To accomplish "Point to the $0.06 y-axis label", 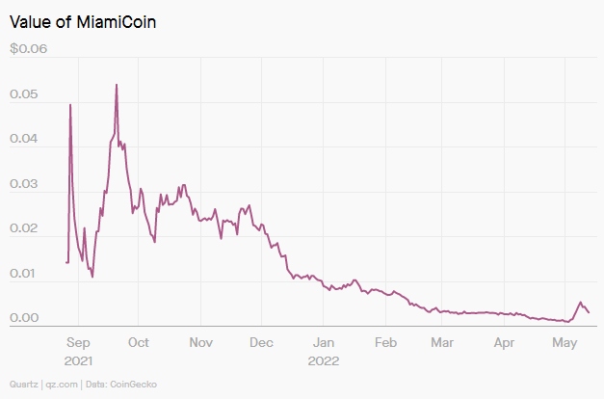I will (x=28, y=50).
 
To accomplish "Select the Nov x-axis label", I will (x=200, y=342).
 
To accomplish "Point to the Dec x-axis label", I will (x=261, y=342).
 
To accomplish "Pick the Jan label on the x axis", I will (x=324, y=342).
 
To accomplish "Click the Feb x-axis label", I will (x=385, y=342).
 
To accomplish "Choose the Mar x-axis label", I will (x=442, y=342).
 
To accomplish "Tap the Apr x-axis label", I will (x=504, y=342).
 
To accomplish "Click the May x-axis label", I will (x=565, y=342).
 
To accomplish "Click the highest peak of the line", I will (x=117, y=84).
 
